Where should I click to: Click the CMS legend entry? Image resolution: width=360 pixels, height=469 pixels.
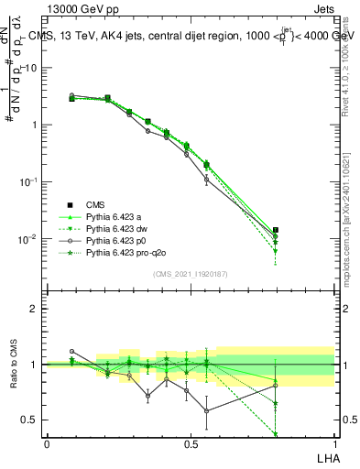pyautogui.click(x=95, y=204)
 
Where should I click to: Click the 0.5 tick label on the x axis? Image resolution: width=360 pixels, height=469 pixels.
pyautogui.click(x=191, y=442)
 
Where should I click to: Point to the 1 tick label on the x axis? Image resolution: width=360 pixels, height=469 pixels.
pyautogui.click(x=334, y=442)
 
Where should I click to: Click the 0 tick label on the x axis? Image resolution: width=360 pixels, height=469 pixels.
pyautogui.click(x=47, y=442)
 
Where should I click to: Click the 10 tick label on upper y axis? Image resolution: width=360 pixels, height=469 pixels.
pyautogui.click(x=30, y=68)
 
